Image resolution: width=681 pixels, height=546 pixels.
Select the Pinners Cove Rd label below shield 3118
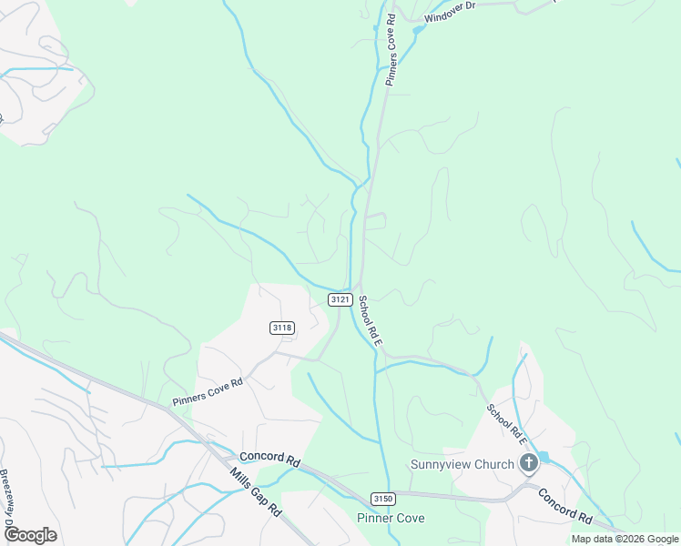pos(208,392)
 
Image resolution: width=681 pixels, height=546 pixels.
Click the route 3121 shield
pos(340,299)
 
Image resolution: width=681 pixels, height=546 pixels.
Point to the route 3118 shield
pos(281,328)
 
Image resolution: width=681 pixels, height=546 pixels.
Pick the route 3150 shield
pos(383,498)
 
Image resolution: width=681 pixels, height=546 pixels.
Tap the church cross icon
pos(528,464)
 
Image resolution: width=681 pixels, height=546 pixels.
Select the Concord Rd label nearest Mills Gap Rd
pos(269,460)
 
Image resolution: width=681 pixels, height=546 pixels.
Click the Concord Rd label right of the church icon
pos(564,506)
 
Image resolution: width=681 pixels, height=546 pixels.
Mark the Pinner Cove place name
pos(391,519)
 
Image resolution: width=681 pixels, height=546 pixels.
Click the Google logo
pos(30,535)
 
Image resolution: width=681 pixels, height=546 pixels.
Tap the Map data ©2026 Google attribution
pos(625,539)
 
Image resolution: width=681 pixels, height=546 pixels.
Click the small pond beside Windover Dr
pos(418,30)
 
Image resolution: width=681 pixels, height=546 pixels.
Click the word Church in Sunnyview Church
pos(494,465)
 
